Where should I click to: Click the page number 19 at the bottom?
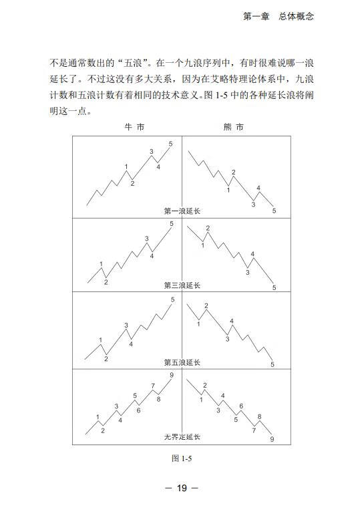click(181, 488)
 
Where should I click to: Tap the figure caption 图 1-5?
click(182, 458)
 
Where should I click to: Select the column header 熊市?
click(234, 127)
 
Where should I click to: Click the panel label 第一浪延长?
click(182, 211)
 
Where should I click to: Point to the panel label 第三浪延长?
click(182, 285)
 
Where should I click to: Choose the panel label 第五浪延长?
click(182, 362)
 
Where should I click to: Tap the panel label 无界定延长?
click(182, 437)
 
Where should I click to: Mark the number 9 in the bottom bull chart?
click(172, 376)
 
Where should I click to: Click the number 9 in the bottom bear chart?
click(272, 439)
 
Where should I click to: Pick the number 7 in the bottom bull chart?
click(153, 386)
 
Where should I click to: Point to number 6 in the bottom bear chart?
click(240, 406)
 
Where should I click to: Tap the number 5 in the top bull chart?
click(170, 144)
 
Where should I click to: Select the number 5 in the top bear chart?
click(274, 211)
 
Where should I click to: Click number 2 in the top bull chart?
click(132, 183)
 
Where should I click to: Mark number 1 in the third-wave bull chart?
click(102, 265)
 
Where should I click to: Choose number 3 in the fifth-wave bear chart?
click(227, 339)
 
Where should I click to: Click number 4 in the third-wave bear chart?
click(252, 253)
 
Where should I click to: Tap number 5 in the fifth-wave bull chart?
click(172, 300)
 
